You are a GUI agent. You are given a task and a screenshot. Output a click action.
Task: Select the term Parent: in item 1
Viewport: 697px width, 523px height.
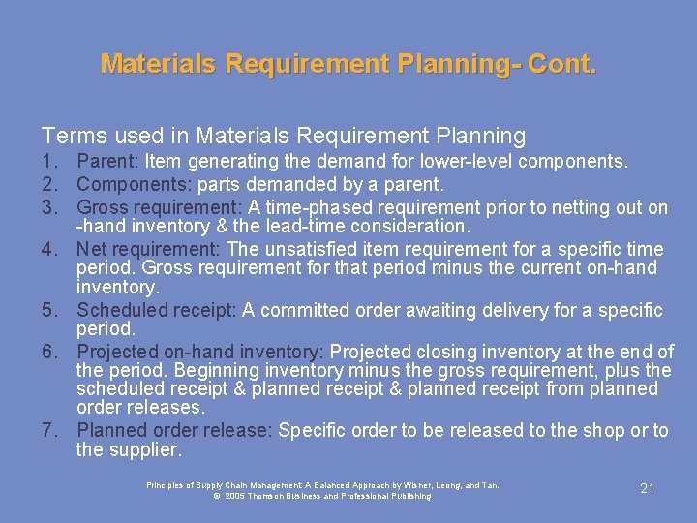click(x=108, y=162)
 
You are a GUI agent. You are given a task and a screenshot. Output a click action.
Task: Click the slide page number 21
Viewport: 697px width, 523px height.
click(x=648, y=488)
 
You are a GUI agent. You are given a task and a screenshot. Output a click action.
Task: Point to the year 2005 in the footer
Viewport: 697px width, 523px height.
click(x=234, y=496)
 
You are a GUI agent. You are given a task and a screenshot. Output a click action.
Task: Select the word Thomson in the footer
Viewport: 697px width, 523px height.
click(x=274, y=496)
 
